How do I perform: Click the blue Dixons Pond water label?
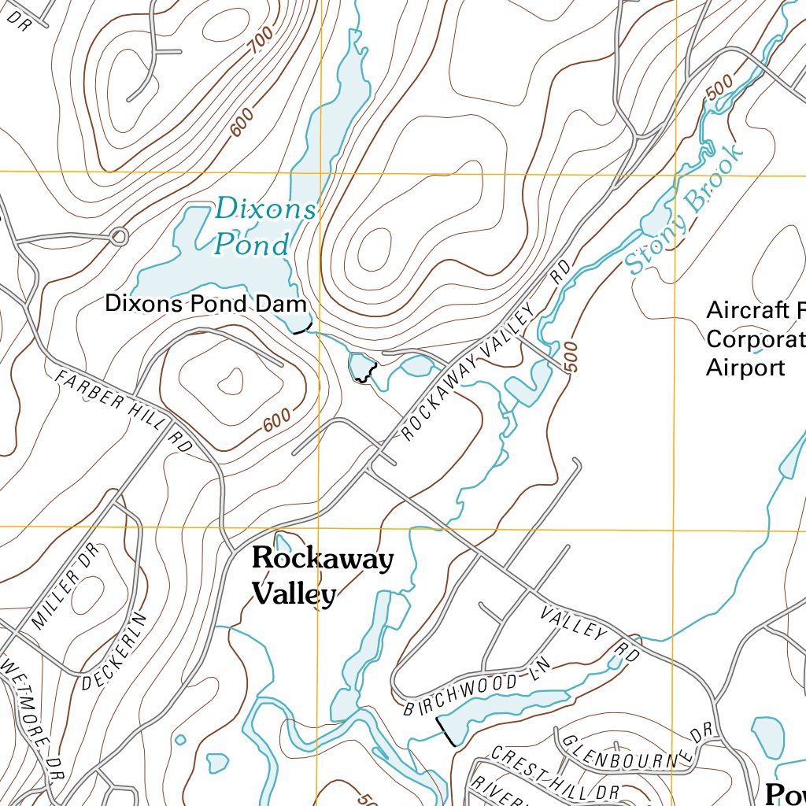click(264, 227)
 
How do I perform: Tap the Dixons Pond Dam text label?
click(205, 304)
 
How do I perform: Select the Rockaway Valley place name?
click(321, 576)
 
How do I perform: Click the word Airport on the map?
click(745, 368)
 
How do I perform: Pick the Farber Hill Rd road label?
click(124, 411)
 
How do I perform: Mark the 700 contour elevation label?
click(261, 41)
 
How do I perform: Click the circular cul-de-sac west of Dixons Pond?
click(119, 236)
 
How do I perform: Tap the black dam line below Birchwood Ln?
click(446, 730)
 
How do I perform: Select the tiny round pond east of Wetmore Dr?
click(180, 739)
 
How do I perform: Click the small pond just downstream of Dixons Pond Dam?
click(360, 367)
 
